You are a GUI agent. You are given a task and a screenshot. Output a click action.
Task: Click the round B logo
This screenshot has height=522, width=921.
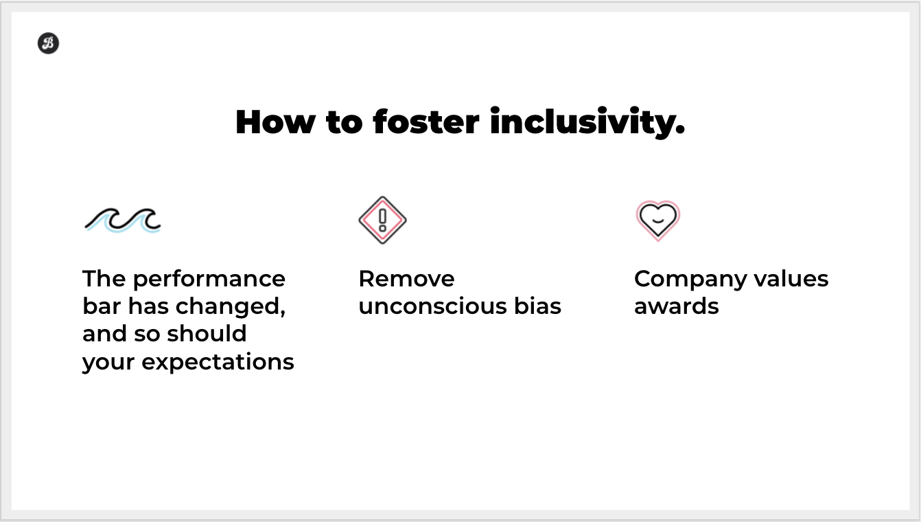tap(48, 43)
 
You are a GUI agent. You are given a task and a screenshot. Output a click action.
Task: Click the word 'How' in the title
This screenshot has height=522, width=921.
tap(275, 122)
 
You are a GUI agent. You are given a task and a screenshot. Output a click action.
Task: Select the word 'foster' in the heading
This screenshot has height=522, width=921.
tap(426, 122)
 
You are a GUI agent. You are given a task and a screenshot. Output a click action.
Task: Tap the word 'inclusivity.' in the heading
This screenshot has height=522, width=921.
tap(587, 122)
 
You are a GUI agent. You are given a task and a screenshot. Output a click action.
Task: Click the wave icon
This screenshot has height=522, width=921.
tap(123, 220)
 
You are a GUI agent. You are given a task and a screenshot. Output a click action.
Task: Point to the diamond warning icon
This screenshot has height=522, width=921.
tap(382, 220)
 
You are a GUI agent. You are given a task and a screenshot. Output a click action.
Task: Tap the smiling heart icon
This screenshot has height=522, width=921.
tap(658, 220)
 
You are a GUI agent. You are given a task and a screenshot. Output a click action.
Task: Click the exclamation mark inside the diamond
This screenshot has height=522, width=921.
tap(382, 220)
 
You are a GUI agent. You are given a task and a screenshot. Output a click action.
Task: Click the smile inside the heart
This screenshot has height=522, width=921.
tap(658, 221)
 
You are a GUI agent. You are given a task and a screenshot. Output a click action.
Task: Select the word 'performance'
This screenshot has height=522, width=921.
tap(209, 280)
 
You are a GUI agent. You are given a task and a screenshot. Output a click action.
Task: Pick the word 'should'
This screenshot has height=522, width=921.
tap(207, 334)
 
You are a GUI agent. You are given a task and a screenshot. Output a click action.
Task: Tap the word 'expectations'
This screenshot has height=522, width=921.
tap(218, 363)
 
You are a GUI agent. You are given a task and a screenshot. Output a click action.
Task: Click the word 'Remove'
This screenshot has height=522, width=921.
tap(407, 279)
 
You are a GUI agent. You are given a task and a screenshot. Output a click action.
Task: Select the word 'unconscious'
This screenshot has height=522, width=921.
tap(432, 307)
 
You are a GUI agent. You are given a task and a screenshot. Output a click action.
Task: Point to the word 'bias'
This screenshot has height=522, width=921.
tap(537, 306)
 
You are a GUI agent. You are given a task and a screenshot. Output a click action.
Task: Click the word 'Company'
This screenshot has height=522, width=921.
tap(690, 280)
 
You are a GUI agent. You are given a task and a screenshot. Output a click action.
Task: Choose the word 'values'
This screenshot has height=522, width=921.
tap(791, 279)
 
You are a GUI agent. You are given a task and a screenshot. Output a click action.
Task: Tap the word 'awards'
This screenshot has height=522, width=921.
tap(677, 307)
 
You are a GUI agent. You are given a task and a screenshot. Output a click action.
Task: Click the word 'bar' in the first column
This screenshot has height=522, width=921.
tap(102, 306)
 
